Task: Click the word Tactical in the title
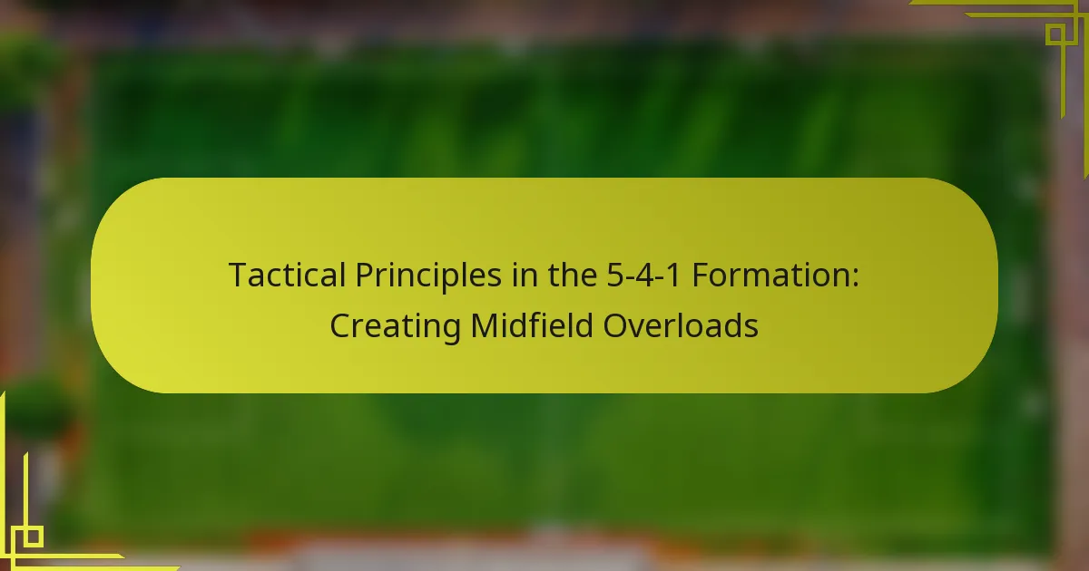click(x=287, y=275)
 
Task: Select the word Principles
click(x=428, y=276)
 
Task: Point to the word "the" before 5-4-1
click(x=573, y=275)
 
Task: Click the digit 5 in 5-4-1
click(x=616, y=276)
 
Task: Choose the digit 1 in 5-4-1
click(x=672, y=276)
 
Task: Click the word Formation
click(x=770, y=275)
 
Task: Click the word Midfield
click(x=532, y=324)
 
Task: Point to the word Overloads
click(x=681, y=324)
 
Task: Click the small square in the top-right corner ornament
click(x=1056, y=35)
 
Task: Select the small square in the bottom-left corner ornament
click(x=33, y=537)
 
